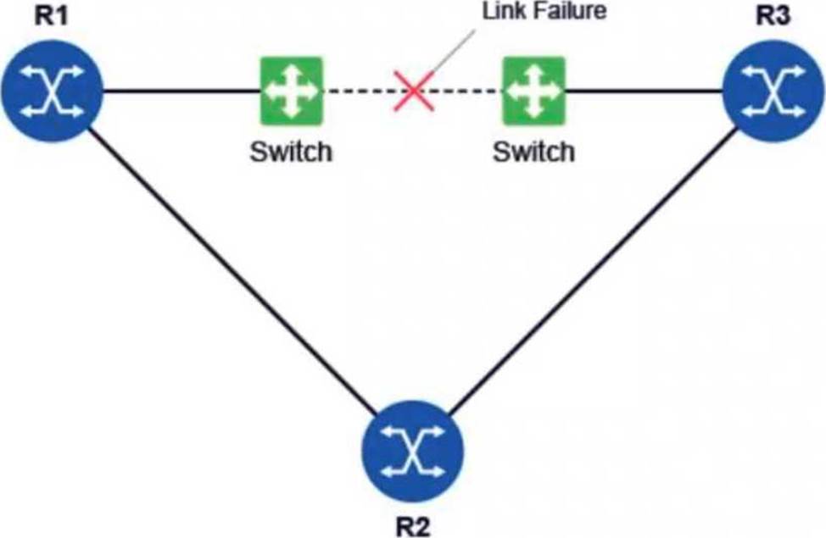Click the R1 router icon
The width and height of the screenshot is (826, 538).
point(52,91)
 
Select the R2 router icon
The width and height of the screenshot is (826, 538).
point(412,452)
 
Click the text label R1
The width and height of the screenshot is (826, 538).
point(51,15)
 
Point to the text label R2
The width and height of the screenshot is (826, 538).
point(412,526)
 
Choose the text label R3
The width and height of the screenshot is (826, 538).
point(773,15)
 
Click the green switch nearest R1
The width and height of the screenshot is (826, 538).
point(292,91)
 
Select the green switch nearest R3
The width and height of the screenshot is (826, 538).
point(534,91)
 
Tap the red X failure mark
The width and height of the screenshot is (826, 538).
point(414,91)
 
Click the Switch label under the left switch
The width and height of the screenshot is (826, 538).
point(291,152)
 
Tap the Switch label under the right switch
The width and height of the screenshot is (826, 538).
point(533,152)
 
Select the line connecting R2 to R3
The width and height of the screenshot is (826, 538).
point(592,271)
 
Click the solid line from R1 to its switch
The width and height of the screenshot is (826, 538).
point(181,92)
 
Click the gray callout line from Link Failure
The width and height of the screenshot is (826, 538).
point(453,51)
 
